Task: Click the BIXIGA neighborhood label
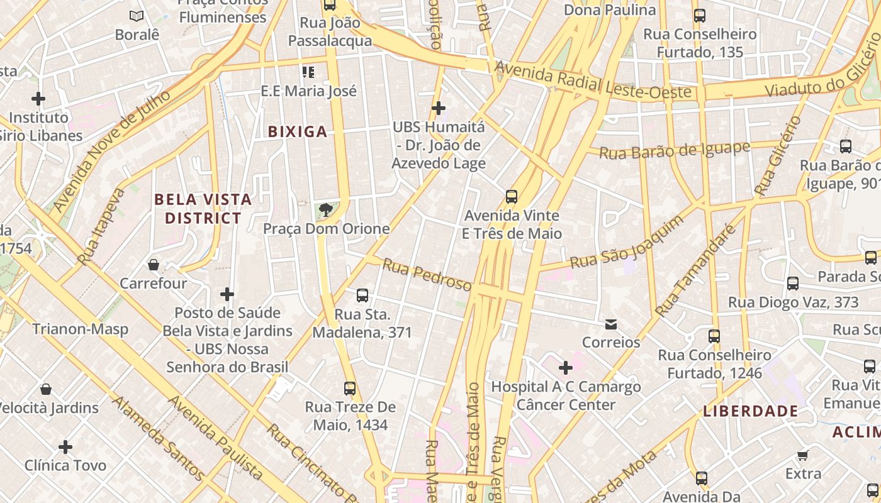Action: [x=298, y=131]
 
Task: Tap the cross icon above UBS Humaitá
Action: [x=439, y=108]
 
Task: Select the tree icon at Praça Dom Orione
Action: [x=325, y=210]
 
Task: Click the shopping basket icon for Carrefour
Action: [x=154, y=265]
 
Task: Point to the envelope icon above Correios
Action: [x=610, y=324]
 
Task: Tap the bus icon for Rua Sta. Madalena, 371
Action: [x=362, y=296]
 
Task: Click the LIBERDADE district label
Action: [x=751, y=411]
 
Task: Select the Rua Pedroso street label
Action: [x=427, y=275]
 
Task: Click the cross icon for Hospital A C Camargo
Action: [x=565, y=368]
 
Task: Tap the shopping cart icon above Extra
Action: [x=802, y=455]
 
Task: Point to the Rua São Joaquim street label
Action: [x=626, y=242]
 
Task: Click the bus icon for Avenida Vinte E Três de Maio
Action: [x=512, y=197]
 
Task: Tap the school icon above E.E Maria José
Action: [x=308, y=72]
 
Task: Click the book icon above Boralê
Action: [x=136, y=16]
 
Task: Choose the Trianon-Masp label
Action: [x=80, y=329]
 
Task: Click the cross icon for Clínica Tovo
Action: [x=65, y=447]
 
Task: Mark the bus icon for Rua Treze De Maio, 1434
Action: [x=350, y=389]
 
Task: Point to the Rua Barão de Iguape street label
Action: [x=675, y=151]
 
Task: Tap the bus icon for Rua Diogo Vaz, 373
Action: [x=792, y=284]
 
